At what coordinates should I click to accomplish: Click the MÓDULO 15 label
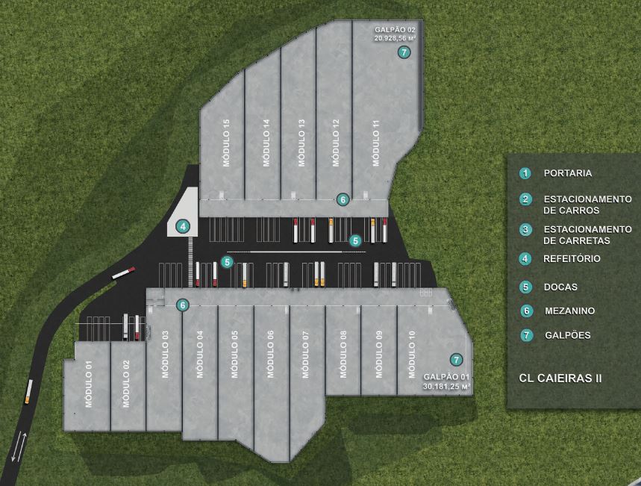tap(226, 143)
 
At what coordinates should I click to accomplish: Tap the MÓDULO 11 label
tap(376, 143)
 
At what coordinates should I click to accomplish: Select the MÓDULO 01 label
tap(89, 384)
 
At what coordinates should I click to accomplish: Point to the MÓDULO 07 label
tap(305, 355)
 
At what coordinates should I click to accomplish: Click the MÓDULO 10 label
tap(412, 355)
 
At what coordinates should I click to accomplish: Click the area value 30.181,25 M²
tap(447, 386)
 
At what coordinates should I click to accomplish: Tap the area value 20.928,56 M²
tap(395, 38)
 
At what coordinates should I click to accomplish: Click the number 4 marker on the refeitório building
tap(183, 226)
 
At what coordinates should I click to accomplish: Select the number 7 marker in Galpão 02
tap(404, 52)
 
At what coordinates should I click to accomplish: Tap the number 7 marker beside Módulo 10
tap(456, 360)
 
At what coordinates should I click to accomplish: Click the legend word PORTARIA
tap(568, 173)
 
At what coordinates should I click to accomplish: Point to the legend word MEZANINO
tap(569, 311)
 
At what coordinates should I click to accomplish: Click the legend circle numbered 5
tap(526, 287)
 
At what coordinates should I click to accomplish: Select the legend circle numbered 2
tap(525, 199)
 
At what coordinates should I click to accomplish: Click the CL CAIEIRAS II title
tap(560, 378)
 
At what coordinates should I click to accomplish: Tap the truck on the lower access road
tap(28, 391)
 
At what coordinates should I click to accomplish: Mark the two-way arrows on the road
tap(19, 446)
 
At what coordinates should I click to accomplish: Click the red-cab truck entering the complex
tap(123, 273)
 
